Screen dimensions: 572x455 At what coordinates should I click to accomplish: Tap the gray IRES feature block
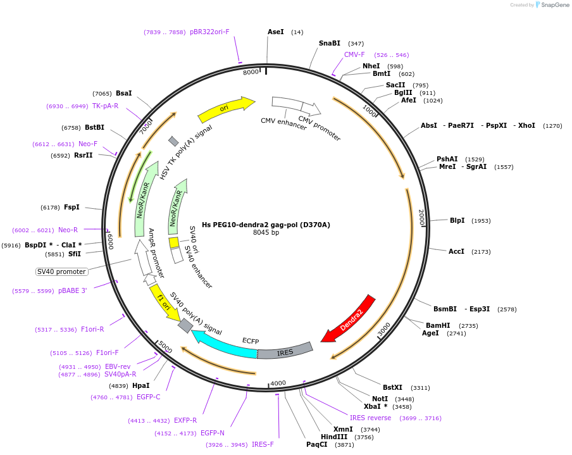point(285,351)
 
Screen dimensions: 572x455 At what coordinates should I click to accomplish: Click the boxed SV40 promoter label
point(61,271)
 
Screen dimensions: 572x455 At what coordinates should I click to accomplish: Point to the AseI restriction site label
point(275,32)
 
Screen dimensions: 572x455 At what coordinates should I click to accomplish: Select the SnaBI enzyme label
point(330,43)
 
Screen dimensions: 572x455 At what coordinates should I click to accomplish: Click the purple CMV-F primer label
point(354,54)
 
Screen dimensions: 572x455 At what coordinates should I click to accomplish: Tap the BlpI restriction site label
point(457,220)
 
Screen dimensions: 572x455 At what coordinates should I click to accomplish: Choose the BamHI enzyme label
point(438,325)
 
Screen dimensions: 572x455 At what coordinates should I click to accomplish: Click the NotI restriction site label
point(380,399)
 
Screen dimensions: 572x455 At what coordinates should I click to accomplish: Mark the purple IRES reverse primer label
point(370,418)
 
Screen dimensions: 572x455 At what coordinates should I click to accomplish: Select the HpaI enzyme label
point(141,385)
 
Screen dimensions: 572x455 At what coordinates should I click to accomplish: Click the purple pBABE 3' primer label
point(73,291)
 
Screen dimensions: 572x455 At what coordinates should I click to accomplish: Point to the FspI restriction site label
point(71,207)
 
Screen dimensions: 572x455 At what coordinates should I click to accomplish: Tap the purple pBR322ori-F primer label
point(209,32)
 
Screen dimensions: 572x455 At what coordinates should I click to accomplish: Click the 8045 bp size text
point(266,232)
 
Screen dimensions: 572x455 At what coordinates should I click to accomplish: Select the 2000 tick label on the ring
point(421,218)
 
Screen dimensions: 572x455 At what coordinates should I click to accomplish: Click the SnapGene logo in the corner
point(552,4)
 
